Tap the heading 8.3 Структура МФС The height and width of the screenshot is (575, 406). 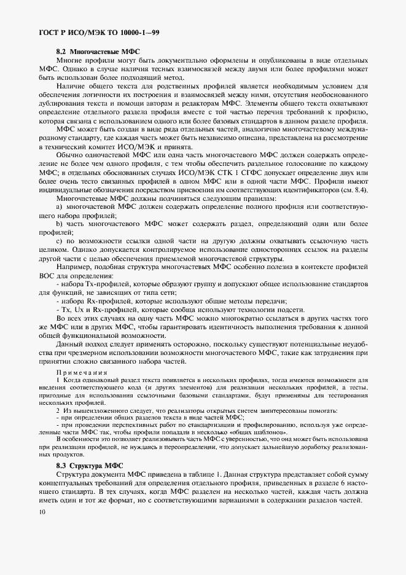click(x=90, y=466)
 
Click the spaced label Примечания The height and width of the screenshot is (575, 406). click(x=82, y=372)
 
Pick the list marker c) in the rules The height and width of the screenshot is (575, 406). click(x=60, y=249)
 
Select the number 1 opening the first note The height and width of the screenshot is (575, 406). click(x=58, y=381)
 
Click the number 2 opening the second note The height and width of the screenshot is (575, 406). click(x=58, y=410)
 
